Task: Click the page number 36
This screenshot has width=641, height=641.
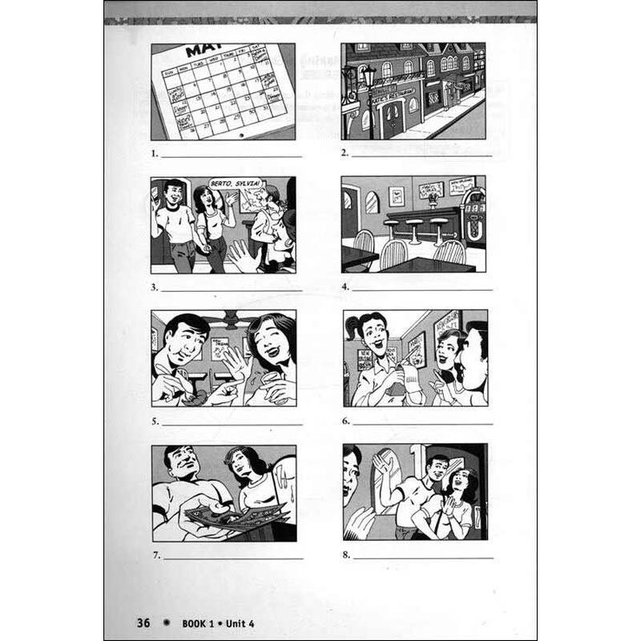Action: (x=143, y=623)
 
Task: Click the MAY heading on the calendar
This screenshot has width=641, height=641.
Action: (x=204, y=51)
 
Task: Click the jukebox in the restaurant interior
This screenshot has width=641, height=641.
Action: (x=474, y=215)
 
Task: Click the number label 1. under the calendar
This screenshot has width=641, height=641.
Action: (x=154, y=152)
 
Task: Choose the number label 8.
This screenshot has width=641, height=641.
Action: (x=345, y=553)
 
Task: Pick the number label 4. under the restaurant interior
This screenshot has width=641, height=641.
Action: (x=345, y=286)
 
